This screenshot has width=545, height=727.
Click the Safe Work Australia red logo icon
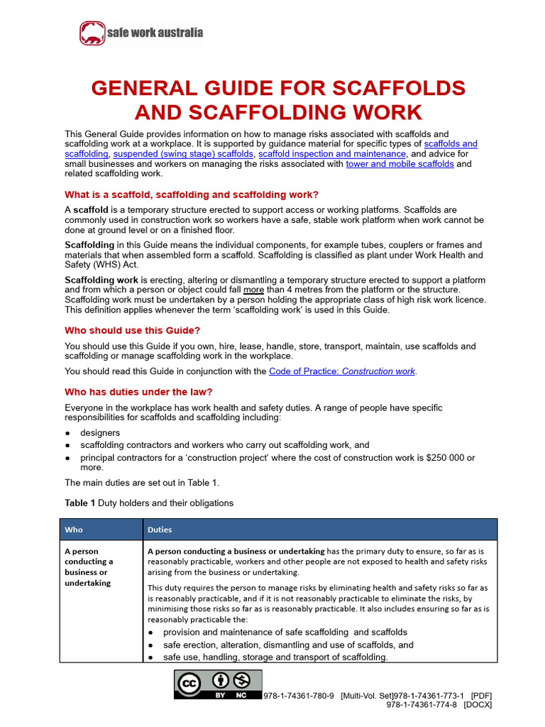91,33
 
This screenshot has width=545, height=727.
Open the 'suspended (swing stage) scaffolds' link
183,153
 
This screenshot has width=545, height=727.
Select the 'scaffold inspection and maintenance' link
332,153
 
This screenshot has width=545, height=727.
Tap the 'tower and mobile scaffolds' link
400,164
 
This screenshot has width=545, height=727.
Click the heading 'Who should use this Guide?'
133,330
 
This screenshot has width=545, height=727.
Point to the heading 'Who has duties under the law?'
138,391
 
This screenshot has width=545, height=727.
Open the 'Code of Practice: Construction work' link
342,371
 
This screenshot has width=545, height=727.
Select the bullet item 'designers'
100,432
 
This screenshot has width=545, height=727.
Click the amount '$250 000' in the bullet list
436,458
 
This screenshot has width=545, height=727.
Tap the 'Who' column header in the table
74,530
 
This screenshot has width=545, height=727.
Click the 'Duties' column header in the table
160,530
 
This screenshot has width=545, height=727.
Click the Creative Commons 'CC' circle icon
188,684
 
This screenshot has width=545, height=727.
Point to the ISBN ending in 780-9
298,696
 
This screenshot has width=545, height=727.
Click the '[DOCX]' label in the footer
478,704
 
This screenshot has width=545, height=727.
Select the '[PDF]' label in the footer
481,696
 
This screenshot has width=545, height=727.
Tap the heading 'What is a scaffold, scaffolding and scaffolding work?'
192,195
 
